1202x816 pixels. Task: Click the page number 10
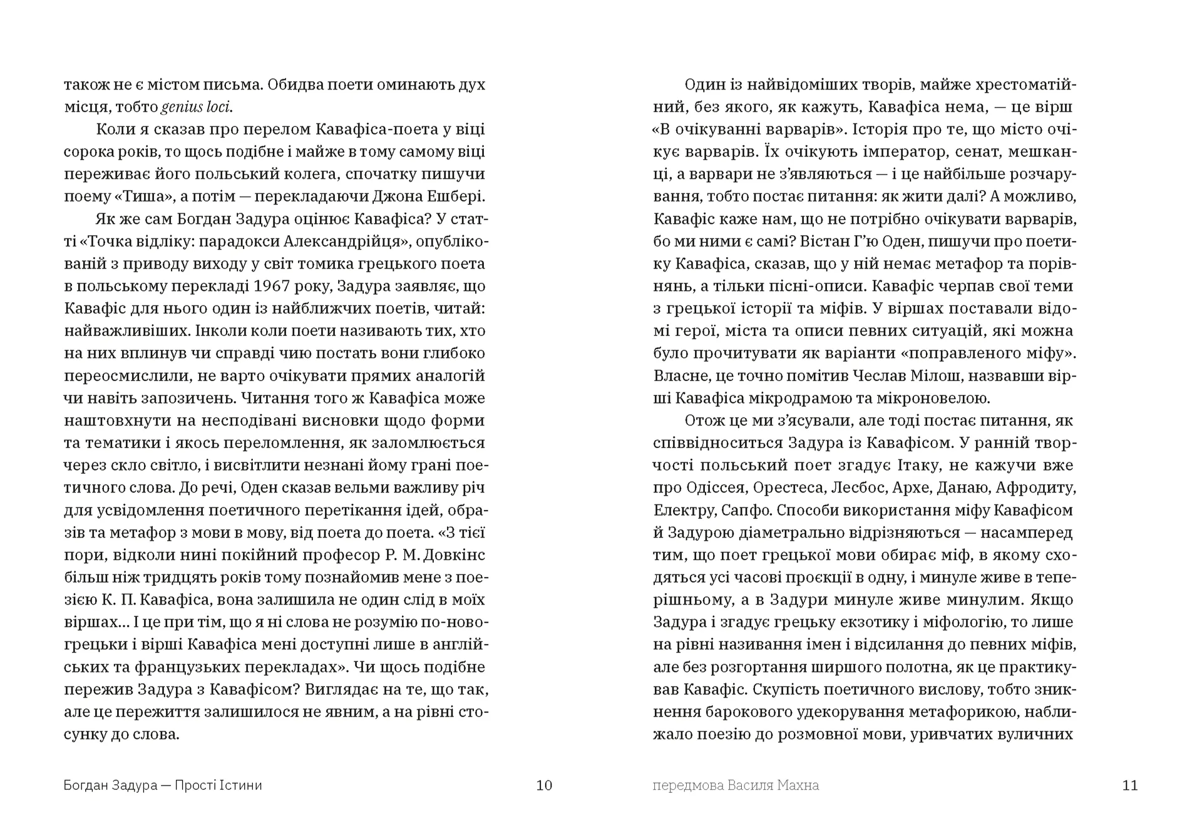544,785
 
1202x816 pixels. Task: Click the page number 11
1129,785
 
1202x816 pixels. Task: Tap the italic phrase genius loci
196,107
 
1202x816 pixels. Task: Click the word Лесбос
841,487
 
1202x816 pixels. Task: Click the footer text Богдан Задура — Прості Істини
163,785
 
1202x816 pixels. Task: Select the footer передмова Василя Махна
736,785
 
